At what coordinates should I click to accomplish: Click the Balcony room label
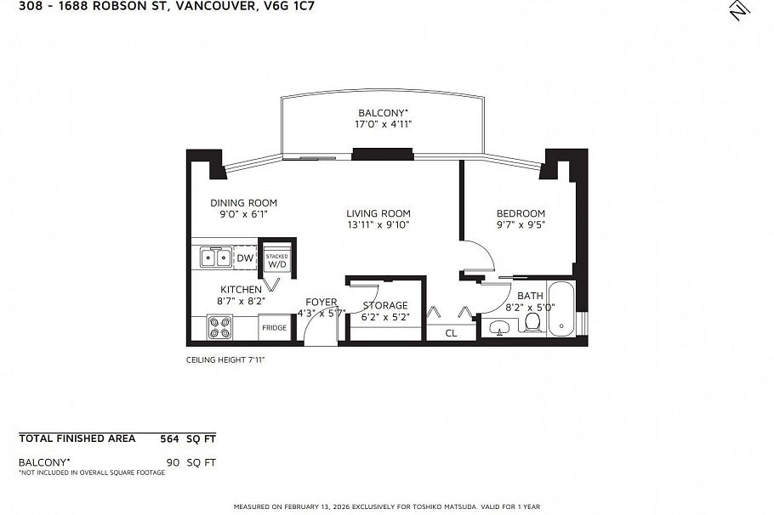pyautogui.click(x=382, y=112)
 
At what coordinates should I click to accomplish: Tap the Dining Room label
pyautogui.click(x=244, y=202)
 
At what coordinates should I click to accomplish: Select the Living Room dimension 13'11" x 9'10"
pyautogui.click(x=378, y=225)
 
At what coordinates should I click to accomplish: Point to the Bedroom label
pyautogui.click(x=521, y=213)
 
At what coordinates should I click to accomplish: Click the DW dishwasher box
pyautogui.click(x=245, y=257)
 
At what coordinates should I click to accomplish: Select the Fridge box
pyautogui.click(x=274, y=327)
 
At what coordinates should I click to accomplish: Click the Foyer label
pyautogui.click(x=322, y=302)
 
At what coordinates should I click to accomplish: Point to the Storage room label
pyautogui.click(x=385, y=305)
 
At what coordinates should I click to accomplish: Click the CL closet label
pyautogui.click(x=451, y=333)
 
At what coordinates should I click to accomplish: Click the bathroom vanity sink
pyautogui.click(x=498, y=327)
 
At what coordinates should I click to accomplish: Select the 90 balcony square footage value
pyautogui.click(x=173, y=462)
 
